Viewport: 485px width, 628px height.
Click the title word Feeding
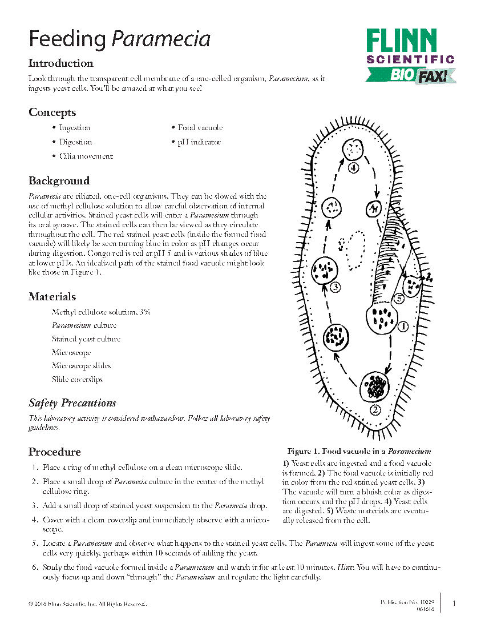(x=67, y=39)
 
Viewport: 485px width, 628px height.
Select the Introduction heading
(x=61, y=63)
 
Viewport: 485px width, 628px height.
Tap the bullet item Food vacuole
(x=200, y=128)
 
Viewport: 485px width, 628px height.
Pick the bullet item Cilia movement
(x=86, y=156)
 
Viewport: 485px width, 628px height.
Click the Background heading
(x=59, y=181)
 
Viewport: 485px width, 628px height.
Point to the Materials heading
(x=52, y=297)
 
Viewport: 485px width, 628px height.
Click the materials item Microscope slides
(x=81, y=366)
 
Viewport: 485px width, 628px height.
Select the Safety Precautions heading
(x=72, y=403)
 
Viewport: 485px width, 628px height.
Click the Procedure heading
(x=55, y=452)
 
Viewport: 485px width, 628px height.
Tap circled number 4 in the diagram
(x=354, y=168)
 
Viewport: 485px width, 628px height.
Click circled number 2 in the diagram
(x=375, y=409)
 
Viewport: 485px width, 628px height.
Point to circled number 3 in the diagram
(x=336, y=287)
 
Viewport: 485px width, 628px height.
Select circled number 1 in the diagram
(x=402, y=327)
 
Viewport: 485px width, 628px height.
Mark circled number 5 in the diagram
(x=399, y=298)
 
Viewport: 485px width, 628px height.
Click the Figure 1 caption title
(x=359, y=452)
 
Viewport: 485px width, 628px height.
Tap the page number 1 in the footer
(x=454, y=603)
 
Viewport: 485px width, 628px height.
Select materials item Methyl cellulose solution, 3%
(x=101, y=312)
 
